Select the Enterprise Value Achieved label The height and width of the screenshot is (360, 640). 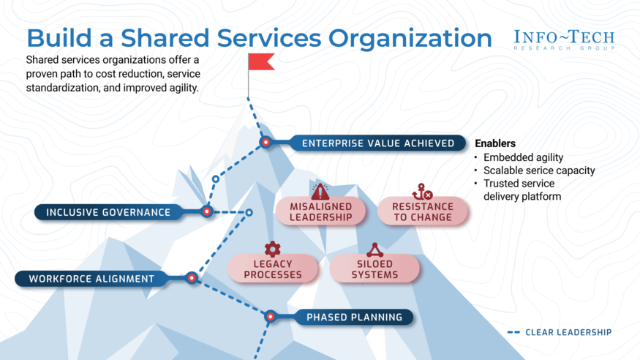click(377, 143)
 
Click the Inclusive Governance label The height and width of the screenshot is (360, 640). click(108, 213)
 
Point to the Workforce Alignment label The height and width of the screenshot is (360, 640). click(91, 279)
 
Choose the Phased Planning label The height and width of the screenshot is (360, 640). click(354, 318)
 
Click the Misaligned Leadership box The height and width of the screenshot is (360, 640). click(320, 211)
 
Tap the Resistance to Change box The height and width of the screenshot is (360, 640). click(422, 211)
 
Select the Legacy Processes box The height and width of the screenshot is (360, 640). click(273, 269)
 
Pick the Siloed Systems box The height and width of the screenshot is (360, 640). click(374, 269)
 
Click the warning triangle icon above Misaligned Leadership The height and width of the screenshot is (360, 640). click(320, 192)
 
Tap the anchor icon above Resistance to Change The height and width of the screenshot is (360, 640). click(422, 192)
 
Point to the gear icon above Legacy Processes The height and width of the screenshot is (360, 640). click(273, 249)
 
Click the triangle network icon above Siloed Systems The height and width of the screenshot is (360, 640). click(374, 250)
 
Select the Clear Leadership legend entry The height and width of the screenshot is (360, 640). click(560, 333)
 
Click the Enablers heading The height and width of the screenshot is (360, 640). click(495, 143)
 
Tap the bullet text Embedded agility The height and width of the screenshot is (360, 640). click(522, 157)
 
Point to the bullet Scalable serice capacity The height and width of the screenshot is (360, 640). click(539, 170)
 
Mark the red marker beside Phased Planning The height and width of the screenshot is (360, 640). click(271, 317)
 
